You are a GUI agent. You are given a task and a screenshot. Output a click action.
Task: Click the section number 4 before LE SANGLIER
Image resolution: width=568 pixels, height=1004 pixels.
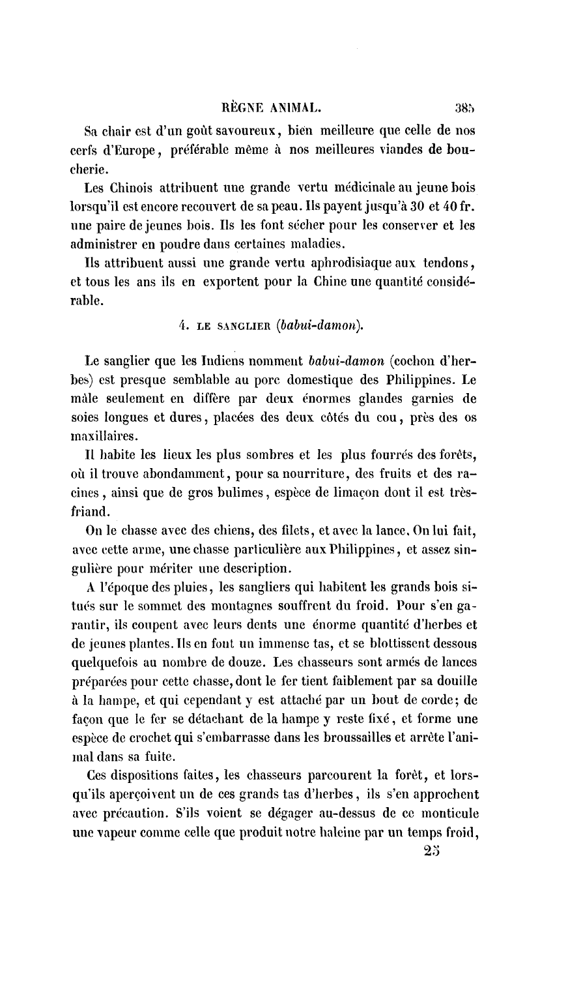182,326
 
